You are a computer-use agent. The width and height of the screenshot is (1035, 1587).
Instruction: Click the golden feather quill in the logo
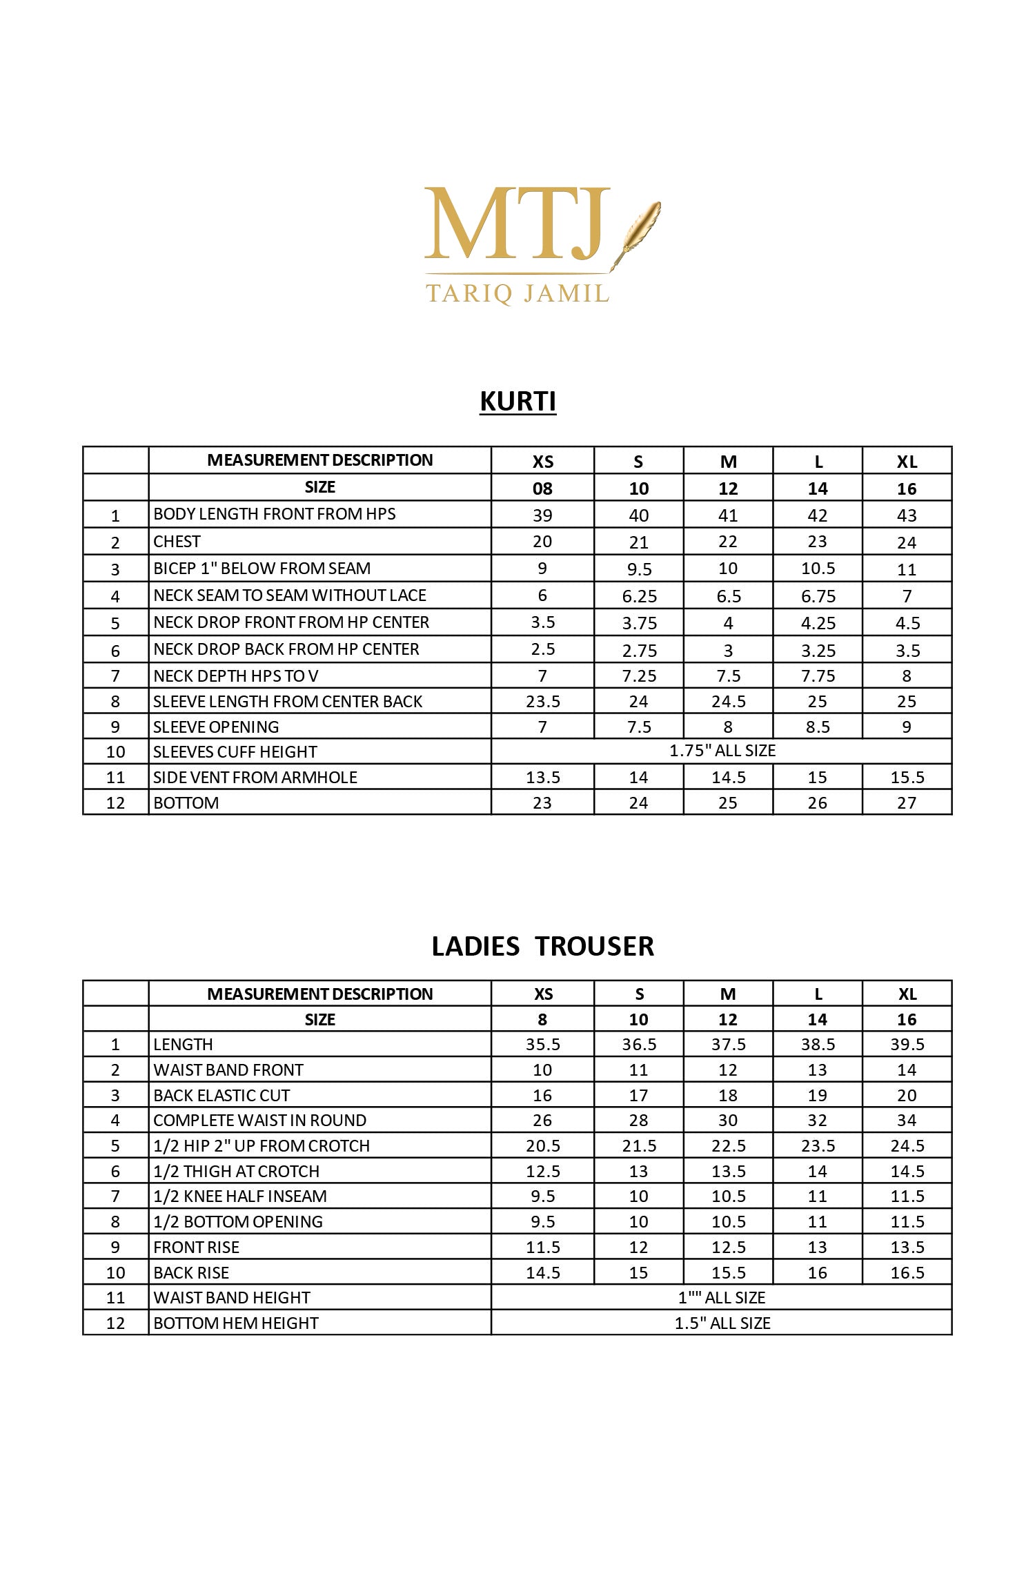(x=638, y=231)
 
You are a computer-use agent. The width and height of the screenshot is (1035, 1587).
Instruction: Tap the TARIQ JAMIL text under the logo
(x=517, y=294)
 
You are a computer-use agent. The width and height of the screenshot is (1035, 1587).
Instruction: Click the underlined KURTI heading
(x=517, y=402)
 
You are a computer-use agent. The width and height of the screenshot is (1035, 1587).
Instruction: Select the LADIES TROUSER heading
(x=542, y=946)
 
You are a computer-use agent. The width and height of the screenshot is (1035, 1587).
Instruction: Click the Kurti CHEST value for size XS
(x=542, y=542)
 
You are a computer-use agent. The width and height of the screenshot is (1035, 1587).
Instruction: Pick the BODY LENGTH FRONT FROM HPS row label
(x=275, y=514)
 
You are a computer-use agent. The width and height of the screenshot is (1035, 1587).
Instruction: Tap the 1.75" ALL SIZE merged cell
(x=722, y=751)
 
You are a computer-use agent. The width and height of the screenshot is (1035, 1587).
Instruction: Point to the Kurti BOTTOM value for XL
(x=907, y=803)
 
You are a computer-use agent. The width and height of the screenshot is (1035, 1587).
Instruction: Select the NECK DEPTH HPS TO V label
(x=236, y=676)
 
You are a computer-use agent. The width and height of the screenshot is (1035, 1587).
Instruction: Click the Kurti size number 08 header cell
(x=542, y=489)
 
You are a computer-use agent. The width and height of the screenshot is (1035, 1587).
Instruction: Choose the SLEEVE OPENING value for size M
(x=728, y=727)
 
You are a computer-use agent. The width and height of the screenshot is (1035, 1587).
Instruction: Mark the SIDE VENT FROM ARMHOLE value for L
(x=817, y=778)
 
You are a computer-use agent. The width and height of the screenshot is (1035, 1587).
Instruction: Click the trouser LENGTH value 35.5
(x=542, y=1045)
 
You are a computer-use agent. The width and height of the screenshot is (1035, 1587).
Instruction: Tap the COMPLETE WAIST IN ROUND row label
(x=259, y=1121)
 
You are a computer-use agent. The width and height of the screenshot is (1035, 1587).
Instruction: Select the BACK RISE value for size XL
(x=907, y=1273)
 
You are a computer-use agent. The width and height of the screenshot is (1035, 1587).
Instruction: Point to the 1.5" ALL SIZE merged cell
(x=722, y=1323)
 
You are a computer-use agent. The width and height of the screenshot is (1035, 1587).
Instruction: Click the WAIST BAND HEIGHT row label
(x=232, y=1298)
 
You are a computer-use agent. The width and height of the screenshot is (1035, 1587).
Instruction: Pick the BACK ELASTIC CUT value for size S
(x=638, y=1096)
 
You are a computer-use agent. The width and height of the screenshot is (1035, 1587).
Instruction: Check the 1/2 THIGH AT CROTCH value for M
(x=728, y=1172)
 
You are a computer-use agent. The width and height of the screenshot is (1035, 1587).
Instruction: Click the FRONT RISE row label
(x=196, y=1248)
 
